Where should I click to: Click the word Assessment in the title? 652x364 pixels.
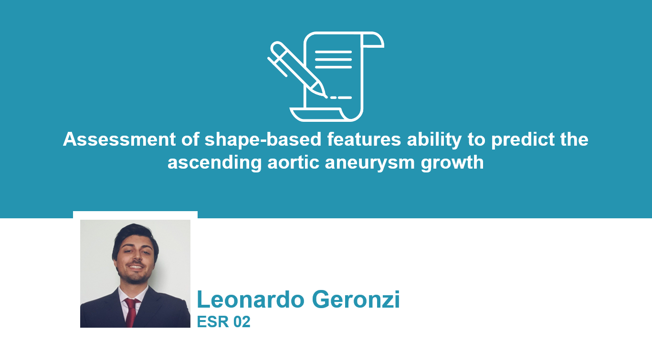(x=119, y=139)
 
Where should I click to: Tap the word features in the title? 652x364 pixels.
(x=364, y=139)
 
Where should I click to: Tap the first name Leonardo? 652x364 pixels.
(x=251, y=300)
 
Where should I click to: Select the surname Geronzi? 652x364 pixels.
(x=356, y=300)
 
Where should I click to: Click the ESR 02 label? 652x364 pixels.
(x=223, y=322)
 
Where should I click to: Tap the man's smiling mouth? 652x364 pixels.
(x=136, y=267)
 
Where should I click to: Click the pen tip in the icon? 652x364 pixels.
(x=326, y=96)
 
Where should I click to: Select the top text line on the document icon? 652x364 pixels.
(x=333, y=52)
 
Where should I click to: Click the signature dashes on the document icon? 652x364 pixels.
(x=341, y=97)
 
